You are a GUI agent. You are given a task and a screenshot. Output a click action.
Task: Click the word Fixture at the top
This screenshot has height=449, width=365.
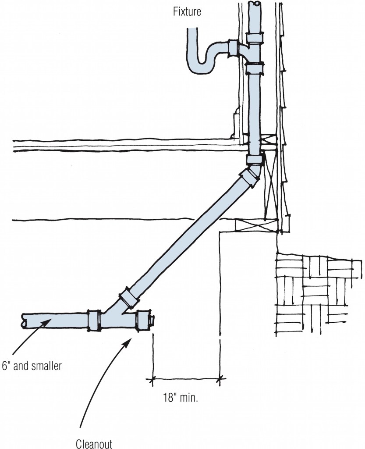(187, 11)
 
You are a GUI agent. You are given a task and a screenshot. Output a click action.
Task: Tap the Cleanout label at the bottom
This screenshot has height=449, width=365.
(94, 443)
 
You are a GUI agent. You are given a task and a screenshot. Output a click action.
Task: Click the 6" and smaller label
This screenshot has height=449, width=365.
(31, 366)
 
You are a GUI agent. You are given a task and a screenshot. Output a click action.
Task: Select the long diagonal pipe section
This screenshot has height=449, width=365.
(184, 237)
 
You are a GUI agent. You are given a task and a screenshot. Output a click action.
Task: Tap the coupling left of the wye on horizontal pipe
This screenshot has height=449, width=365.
(94, 320)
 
